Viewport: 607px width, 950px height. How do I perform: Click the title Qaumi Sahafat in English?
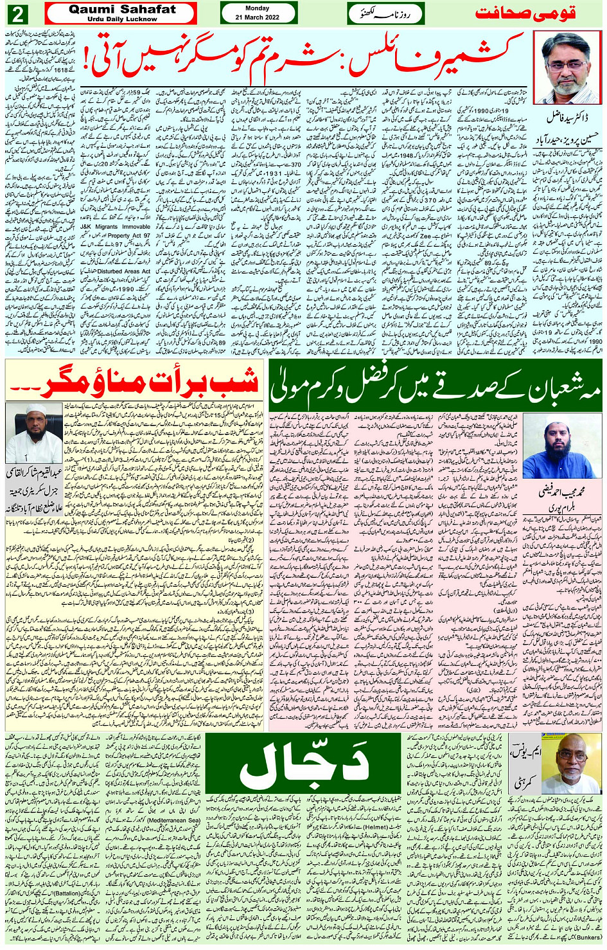click(x=122, y=9)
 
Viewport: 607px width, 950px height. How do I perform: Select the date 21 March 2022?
click(x=257, y=17)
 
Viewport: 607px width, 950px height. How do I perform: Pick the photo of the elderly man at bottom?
click(x=571, y=764)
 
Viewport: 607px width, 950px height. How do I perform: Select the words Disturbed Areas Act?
click(x=125, y=271)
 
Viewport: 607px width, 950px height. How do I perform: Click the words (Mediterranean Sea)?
click(x=173, y=820)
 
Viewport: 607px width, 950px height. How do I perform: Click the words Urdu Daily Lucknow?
click(x=122, y=19)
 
